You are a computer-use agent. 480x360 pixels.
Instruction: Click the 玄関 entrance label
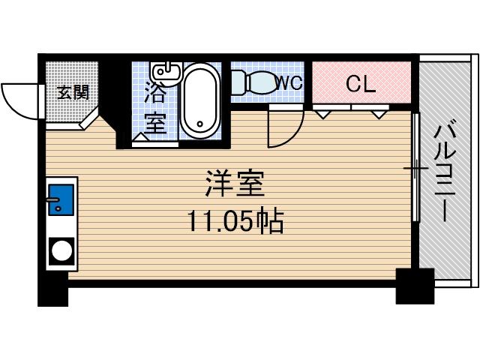point(73,92)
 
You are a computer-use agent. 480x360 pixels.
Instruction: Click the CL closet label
point(360,84)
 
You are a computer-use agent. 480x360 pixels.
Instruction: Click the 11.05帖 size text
point(235,221)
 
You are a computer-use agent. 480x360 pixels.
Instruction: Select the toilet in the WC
point(253,82)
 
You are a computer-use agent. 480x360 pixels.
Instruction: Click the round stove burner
point(60,250)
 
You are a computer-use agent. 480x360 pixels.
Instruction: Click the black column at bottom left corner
point(52,294)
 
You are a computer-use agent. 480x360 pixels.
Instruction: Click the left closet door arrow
point(322,114)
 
